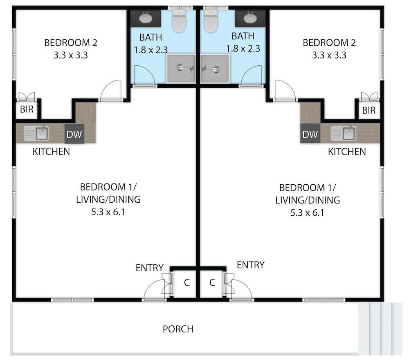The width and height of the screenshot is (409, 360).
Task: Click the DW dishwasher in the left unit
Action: [x=74, y=134]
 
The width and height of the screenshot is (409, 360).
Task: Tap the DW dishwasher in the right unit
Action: [x=310, y=134]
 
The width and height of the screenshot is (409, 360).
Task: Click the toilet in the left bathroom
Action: [x=179, y=21]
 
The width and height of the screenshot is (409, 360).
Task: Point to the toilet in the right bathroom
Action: [x=211, y=21]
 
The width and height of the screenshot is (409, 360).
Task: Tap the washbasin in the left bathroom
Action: [x=146, y=18]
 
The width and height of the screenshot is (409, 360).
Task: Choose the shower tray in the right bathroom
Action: [x=215, y=69]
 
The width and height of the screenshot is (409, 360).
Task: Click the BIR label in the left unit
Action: [x=27, y=110]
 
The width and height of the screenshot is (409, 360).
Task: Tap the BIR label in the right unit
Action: [x=369, y=110]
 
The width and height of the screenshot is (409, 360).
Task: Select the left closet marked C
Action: [x=187, y=283]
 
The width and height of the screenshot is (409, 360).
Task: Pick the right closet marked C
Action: [x=212, y=283]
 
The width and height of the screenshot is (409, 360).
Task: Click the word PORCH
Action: [x=178, y=329]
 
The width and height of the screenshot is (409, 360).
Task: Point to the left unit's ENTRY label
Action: [x=150, y=268]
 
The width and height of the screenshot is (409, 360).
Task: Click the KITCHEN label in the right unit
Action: [x=347, y=152]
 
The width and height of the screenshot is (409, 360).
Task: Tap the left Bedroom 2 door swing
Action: [x=111, y=91]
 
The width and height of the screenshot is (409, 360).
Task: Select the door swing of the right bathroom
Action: [x=251, y=76]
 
